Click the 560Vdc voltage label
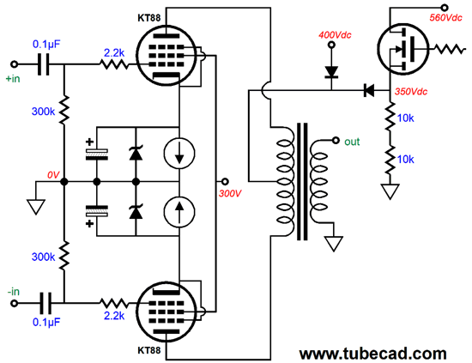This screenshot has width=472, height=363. coord(445,18)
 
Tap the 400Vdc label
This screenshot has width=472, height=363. coord(335,35)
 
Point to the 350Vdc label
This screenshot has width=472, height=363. coord(411,92)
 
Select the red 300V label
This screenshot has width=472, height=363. coord(230,193)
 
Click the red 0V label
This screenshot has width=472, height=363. coord(53,175)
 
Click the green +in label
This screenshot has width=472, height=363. coord(13,79)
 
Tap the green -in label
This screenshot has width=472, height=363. coord(14,292)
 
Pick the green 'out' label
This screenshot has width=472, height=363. coord(352,142)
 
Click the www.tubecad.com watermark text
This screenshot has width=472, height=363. coord(372,353)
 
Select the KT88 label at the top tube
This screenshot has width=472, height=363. coord(149,18)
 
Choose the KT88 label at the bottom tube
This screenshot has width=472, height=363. coord(149,350)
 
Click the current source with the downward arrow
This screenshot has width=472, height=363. coord(179,153)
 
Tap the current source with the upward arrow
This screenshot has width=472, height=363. coord(179,211)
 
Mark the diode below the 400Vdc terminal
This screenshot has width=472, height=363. coord(331,72)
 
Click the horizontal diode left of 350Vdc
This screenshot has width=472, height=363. coord(369,90)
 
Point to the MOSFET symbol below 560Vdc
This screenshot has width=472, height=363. coord(402,49)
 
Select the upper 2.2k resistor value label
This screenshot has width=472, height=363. coord(114,53)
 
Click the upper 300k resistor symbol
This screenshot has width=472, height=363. coord(64,111)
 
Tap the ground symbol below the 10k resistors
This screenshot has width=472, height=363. coord(390,191)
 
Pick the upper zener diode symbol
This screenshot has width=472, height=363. coord(136,153)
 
